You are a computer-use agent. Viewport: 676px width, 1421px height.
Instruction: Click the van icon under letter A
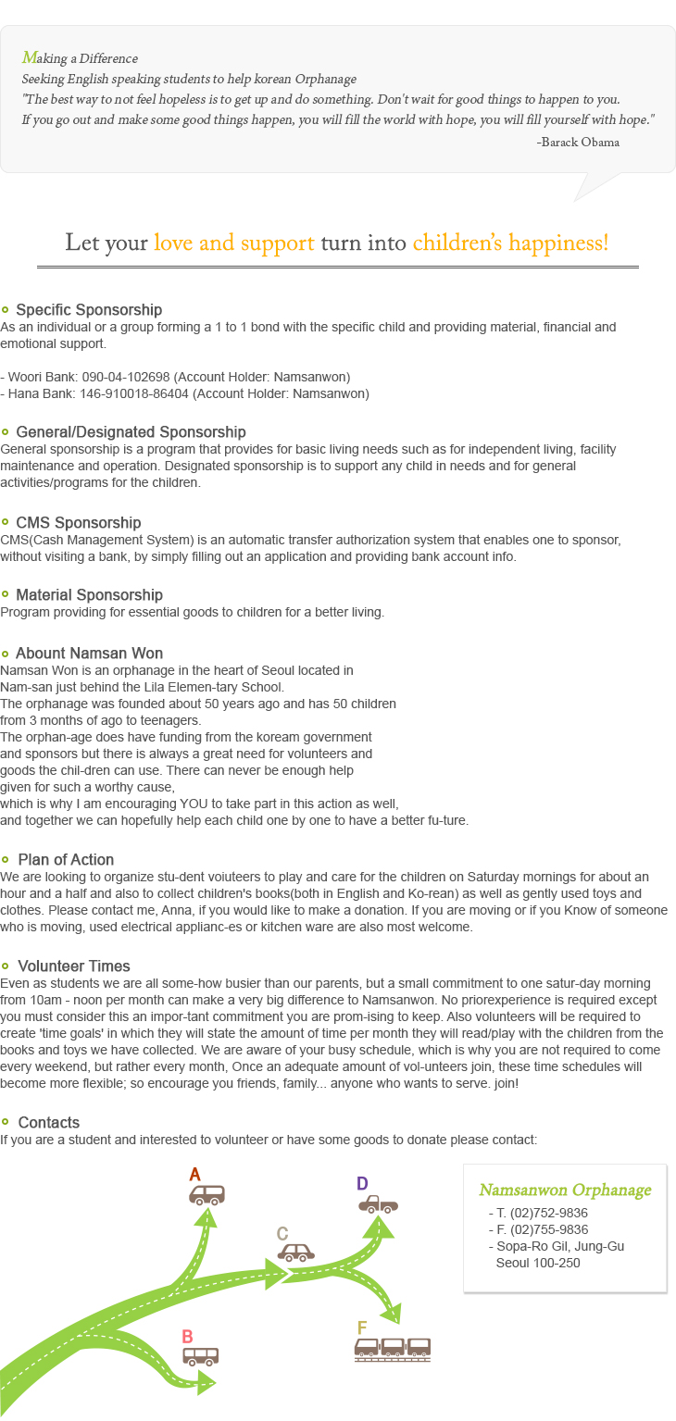point(207,1195)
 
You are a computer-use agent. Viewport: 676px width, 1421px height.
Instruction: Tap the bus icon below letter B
point(201,1356)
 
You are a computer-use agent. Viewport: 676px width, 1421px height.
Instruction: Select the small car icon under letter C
point(297,1253)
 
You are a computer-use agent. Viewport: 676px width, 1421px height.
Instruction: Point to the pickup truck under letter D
point(378,1204)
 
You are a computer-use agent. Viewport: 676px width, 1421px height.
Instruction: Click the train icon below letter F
point(393,1349)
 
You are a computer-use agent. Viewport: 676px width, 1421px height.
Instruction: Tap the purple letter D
point(362,1183)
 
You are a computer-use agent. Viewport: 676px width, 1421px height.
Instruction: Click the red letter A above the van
point(194,1175)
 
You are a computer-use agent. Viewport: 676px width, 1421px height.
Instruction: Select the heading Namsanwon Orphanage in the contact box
point(565,1190)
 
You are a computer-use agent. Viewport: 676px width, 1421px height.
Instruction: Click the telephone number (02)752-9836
point(549,1214)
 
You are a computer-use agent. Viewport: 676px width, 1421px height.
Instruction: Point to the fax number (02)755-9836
point(549,1230)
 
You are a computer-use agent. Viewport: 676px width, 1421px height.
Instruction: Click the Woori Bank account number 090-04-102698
point(122,378)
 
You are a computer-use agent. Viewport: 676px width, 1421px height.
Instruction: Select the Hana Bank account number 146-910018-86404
point(128,394)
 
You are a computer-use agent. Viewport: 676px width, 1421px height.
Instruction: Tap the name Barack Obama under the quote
point(582,143)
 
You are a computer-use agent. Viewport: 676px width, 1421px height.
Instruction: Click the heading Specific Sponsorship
point(89,310)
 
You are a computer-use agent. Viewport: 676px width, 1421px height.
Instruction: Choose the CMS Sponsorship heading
point(79,523)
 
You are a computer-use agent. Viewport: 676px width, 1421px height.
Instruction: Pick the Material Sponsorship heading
point(89,595)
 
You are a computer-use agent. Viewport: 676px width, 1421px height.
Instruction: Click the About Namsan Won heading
point(89,654)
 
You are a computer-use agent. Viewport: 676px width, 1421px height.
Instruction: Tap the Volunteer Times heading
point(74,966)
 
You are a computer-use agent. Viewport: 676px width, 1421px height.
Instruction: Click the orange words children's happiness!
point(510,243)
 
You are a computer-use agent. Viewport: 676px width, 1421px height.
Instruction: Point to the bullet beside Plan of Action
point(6,860)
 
